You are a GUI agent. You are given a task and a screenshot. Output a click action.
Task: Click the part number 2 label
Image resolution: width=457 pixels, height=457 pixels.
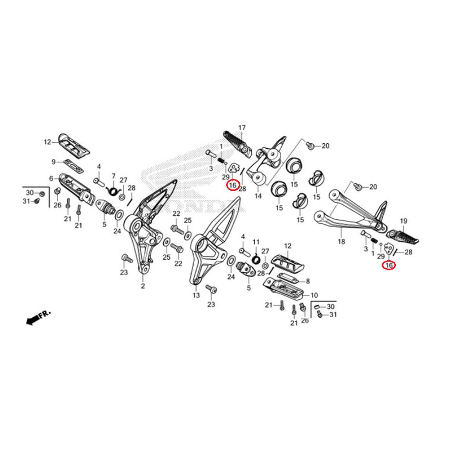pyautogui.click(x=143, y=286)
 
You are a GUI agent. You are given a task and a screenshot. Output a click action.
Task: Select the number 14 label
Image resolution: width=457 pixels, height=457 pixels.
pyautogui.click(x=258, y=196)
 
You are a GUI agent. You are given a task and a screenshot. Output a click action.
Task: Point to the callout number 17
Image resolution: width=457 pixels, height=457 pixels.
pyautogui.click(x=242, y=128)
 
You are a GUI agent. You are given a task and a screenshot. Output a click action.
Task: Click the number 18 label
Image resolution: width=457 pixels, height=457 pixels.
pyautogui.click(x=341, y=241)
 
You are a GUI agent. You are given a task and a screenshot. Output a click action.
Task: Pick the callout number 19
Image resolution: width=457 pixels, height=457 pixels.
pyautogui.click(x=403, y=221)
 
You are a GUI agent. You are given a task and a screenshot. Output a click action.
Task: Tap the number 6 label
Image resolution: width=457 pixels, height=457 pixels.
pyautogui.click(x=51, y=179)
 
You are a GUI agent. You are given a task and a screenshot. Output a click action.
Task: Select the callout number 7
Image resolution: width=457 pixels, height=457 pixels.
pyautogui.click(x=113, y=176)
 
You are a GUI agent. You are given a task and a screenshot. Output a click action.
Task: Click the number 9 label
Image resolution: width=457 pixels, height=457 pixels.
pyautogui.click(x=54, y=162)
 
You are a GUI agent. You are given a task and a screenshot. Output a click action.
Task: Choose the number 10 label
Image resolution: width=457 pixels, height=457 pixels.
pyautogui.click(x=314, y=295)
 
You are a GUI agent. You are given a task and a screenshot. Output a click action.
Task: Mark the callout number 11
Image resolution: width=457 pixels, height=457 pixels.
pyautogui.click(x=256, y=242)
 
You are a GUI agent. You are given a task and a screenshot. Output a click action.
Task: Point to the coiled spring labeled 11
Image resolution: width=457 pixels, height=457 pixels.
pyautogui.click(x=257, y=258)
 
